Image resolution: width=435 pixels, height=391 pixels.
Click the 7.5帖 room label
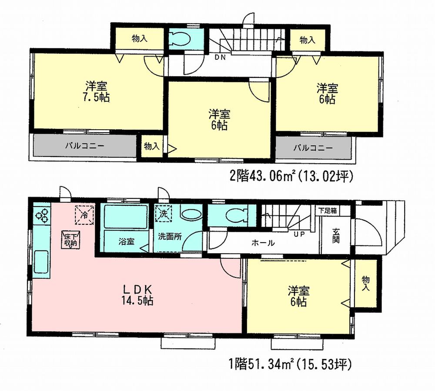tap(97, 92)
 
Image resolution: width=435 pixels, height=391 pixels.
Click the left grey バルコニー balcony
tap(85, 146)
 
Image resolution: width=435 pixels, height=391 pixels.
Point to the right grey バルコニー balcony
tap(313, 148)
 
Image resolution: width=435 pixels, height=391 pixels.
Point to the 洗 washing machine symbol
tap(164, 214)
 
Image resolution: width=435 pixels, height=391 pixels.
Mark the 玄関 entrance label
tap(336, 234)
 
